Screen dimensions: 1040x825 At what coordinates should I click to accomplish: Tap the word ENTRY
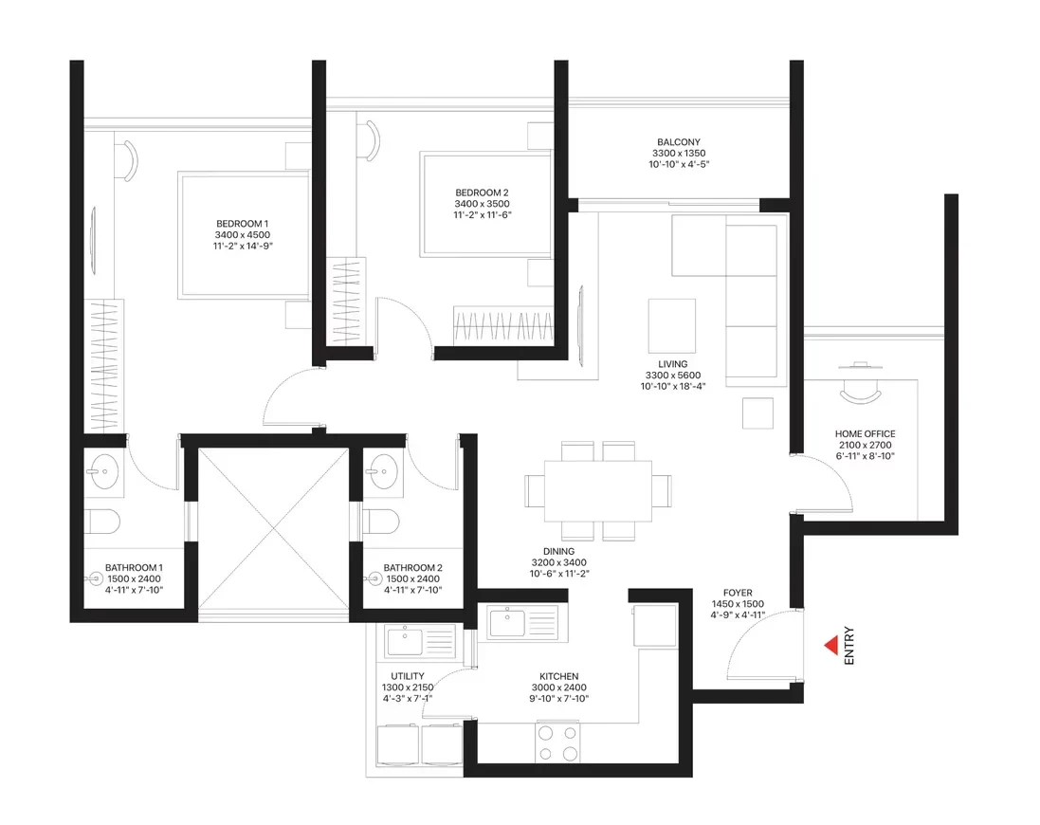click(849, 645)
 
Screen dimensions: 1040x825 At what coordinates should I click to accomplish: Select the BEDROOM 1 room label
click(242, 224)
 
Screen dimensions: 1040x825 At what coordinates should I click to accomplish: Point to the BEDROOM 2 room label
click(483, 193)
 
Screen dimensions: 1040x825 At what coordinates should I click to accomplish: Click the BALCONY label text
click(679, 142)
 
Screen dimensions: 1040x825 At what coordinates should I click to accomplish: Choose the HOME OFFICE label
click(865, 433)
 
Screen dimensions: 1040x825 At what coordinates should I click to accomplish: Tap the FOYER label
click(738, 593)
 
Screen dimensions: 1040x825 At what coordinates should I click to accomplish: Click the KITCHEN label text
click(559, 676)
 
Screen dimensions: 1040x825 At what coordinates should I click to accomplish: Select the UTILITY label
click(408, 676)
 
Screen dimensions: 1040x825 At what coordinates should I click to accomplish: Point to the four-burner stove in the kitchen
click(557, 742)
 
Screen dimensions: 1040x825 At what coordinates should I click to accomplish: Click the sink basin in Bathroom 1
click(102, 472)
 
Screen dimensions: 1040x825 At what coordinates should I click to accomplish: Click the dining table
click(598, 491)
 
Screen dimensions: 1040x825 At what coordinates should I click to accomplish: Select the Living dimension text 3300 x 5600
click(672, 376)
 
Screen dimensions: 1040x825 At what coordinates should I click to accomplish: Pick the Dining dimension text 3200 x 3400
click(558, 562)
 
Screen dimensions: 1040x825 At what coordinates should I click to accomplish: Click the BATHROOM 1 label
click(134, 568)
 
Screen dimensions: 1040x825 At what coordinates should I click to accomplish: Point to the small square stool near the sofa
click(758, 413)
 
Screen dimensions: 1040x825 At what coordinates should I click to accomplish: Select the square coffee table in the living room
click(672, 325)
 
